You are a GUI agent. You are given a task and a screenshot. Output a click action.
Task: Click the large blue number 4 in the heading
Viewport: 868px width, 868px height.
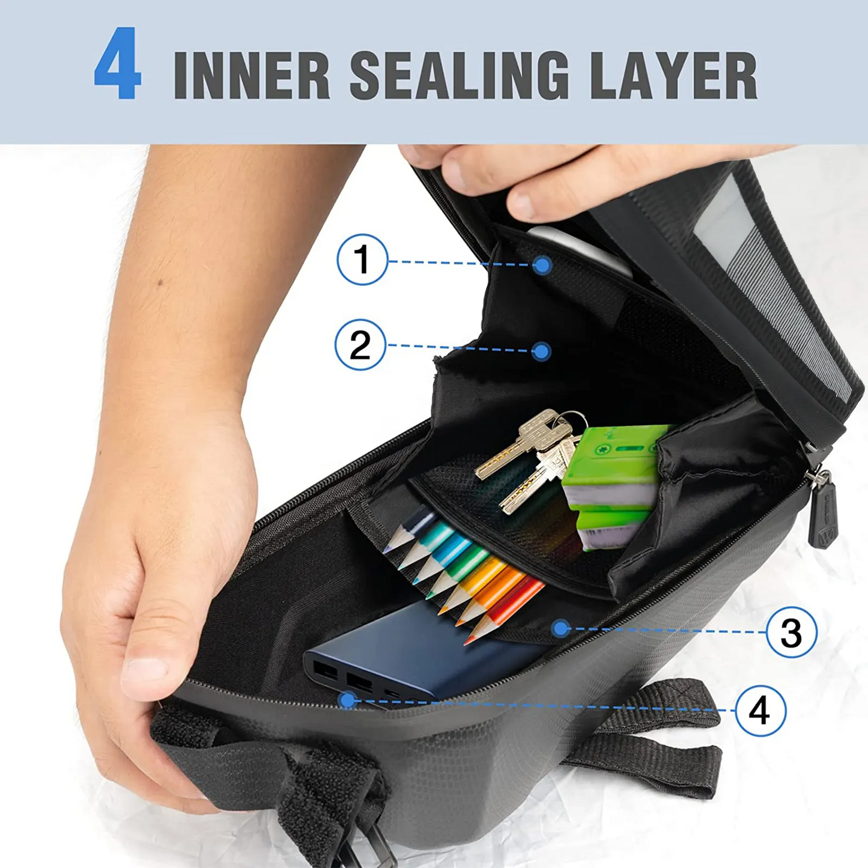pyautogui.click(x=117, y=63)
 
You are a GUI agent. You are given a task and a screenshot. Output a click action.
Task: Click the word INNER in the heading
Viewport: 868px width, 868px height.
pyautogui.click(x=252, y=74)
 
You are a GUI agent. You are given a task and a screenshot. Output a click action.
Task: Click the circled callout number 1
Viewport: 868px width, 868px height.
pyautogui.click(x=362, y=259)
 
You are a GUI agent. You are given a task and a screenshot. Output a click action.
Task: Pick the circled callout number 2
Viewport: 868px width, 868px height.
pyautogui.click(x=360, y=345)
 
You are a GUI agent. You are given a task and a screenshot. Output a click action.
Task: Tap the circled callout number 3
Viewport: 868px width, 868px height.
pyautogui.click(x=792, y=631)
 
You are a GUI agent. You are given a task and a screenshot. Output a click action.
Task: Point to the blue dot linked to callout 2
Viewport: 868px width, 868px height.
pyautogui.click(x=541, y=351)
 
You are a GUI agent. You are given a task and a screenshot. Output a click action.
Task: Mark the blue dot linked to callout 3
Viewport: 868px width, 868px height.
pyautogui.click(x=561, y=628)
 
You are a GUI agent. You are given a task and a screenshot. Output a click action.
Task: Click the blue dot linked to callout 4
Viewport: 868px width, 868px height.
pyautogui.click(x=347, y=700)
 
